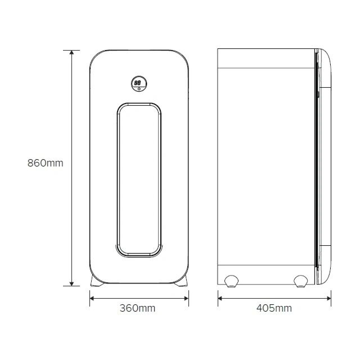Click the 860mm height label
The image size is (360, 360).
(45, 163)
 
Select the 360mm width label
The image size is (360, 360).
(137, 308)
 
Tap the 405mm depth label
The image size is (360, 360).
(274, 308)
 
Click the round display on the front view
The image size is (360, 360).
(139, 84)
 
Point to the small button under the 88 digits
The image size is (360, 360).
(139, 89)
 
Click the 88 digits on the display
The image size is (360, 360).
(137, 83)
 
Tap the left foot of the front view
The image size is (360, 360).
(96, 281)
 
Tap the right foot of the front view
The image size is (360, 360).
(181, 281)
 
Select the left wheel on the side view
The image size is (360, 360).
(231, 281)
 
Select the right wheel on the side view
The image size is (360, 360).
(301, 281)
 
